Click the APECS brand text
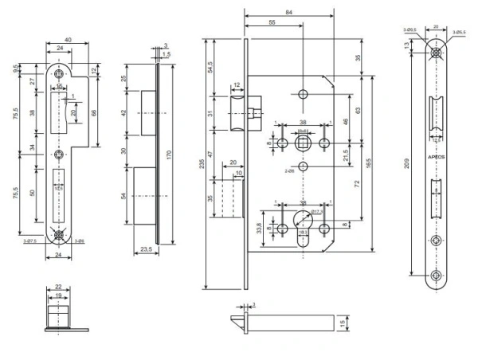(x=437, y=158)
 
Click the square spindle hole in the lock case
(x=303, y=143)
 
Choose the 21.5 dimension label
(x=346, y=153)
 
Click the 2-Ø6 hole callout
(x=289, y=170)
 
